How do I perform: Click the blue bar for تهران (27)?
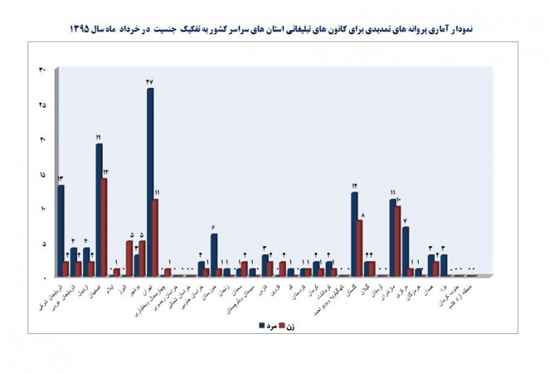[x=150, y=182]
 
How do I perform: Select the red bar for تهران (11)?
[x=156, y=237]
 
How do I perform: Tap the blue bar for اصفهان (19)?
[x=99, y=209]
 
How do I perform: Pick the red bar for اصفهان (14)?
[x=104, y=227]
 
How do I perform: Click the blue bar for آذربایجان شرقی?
[x=60, y=230]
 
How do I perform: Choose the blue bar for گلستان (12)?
[x=354, y=234]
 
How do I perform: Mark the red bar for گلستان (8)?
[x=360, y=248]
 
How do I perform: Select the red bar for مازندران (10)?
[x=398, y=241]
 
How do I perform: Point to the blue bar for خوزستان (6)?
[x=214, y=254]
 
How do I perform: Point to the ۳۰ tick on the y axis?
[x=42, y=71]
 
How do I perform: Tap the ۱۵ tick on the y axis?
[x=42, y=176]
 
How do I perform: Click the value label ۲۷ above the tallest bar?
[x=150, y=82]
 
